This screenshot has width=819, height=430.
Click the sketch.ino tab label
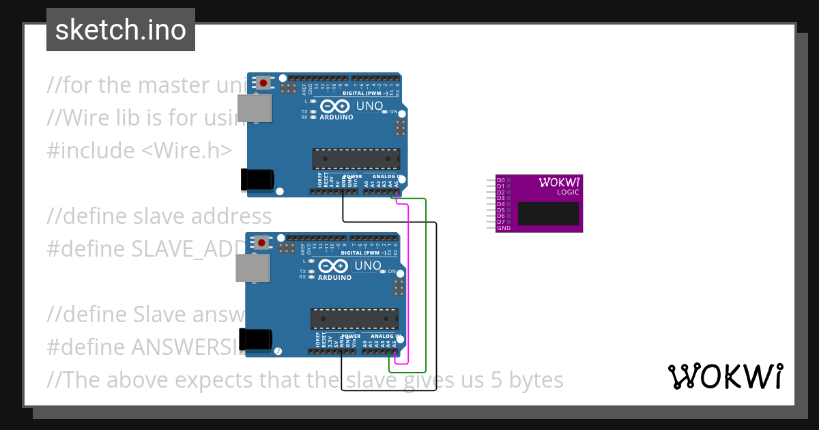pos(121,30)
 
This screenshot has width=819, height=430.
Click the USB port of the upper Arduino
pos(254,109)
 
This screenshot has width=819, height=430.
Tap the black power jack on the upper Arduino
pos(257,179)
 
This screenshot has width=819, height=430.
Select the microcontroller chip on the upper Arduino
pos(356,158)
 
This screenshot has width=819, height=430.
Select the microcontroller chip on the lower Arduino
pos(354,318)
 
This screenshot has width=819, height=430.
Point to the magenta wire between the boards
pos(408,280)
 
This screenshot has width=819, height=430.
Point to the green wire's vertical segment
pos(426,280)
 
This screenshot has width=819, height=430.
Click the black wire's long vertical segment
pos(437,307)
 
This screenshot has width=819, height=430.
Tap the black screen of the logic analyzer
pos(548,214)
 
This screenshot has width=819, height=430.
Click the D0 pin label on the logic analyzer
pos(501,180)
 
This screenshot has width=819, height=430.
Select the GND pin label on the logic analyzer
pos(504,228)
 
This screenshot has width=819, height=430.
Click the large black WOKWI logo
pos(725,376)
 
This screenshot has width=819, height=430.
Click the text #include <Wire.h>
pos(139,150)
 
